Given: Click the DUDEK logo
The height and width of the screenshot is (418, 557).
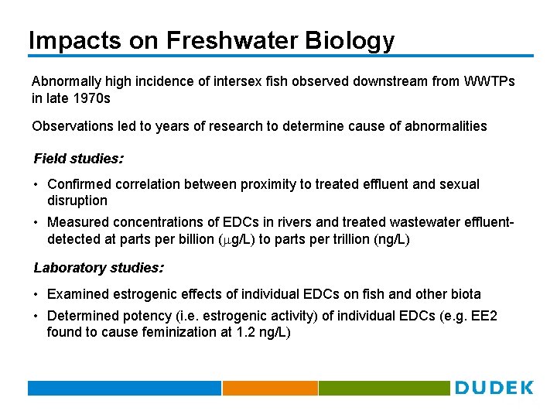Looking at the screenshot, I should pyautogui.click(x=494, y=388).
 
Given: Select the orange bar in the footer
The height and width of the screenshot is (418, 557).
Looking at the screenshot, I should pyautogui.click(x=270, y=388).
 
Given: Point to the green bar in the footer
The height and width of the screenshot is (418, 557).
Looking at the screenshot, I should pyautogui.click(x=384, y=388).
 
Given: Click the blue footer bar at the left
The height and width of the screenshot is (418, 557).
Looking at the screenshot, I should pyautogui.click(x=124, y=388).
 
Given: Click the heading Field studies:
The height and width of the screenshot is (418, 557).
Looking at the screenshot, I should pyautogui.click(x=78, y=159).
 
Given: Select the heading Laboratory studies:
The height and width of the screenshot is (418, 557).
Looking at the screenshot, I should pyautogui.click(x=98, y=268).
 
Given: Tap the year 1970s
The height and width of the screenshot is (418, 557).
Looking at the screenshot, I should pyautogui.click(x=92, y=98).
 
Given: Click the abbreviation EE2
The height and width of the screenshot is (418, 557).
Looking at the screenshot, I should pyautogui.click(x=484, y=316).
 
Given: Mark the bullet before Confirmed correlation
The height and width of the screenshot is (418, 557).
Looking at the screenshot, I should pyautogui.click(x=36, y=185).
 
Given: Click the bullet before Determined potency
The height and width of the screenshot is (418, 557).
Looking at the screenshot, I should pyautogui.click(x=36, y=317).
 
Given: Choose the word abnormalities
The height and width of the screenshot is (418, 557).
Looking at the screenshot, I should pyautogui.click(x=446, y=125).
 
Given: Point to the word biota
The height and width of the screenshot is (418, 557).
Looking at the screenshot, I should pyautogui.click(x=465, y=294).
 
